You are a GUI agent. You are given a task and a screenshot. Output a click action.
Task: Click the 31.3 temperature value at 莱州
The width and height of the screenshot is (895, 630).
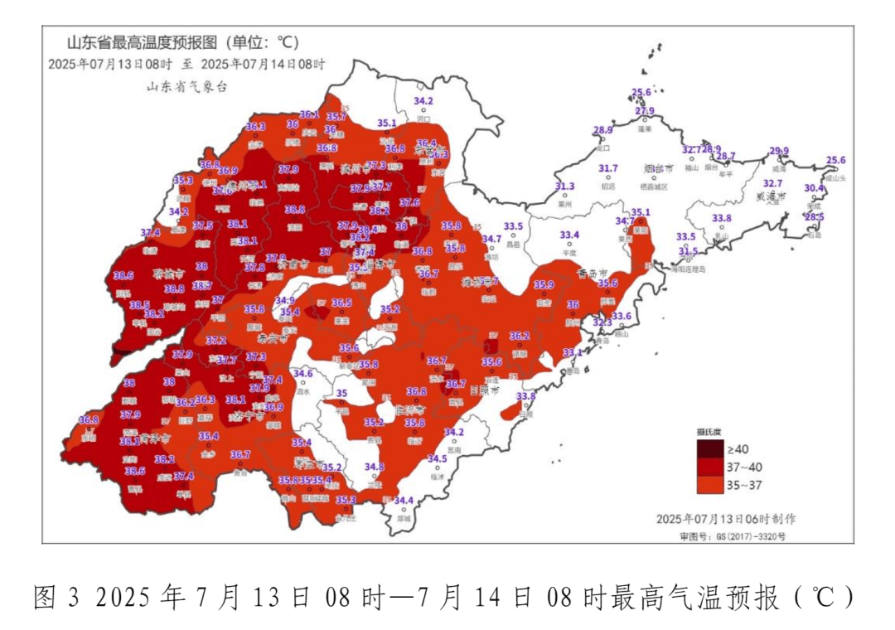point(564,187)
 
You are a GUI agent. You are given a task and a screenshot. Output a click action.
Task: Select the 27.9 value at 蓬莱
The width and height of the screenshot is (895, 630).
point(645,111)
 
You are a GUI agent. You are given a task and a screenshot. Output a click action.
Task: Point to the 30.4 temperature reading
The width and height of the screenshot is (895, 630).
point(815,188)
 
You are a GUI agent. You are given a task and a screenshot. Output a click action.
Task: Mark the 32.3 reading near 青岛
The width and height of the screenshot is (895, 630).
point(602,322)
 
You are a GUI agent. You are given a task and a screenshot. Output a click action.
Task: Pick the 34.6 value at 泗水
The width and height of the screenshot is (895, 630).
point(303,374)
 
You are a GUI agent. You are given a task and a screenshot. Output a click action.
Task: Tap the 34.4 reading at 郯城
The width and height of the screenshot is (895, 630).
point(404,500)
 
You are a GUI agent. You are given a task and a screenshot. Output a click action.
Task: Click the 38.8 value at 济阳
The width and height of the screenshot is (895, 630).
point(295,210)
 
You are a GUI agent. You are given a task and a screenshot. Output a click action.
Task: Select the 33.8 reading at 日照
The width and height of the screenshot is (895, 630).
point(525,396)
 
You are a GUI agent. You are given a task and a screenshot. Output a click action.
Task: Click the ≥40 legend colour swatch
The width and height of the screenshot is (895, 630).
point(709,449)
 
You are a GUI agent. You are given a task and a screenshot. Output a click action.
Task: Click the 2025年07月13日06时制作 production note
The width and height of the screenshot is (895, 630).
point(725,518)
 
